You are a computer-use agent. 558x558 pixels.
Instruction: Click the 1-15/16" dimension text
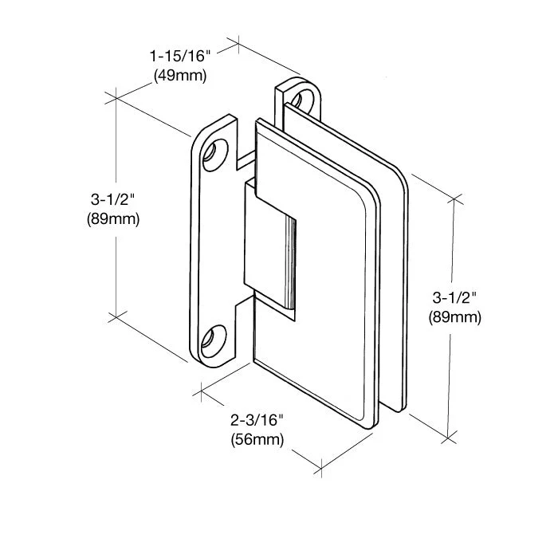pyautogui.click(x=179, y=57)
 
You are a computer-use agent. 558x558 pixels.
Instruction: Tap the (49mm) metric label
pyautogui.click(x=179, y=77)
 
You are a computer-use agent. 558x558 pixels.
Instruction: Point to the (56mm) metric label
pyautogui.click(x=257, y=438)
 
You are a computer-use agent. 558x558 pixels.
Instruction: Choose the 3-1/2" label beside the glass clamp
pyautogui.click(x=454, y=297)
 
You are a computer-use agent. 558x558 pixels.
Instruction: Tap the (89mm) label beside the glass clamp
pyautogui.click(x=454, y=317)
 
